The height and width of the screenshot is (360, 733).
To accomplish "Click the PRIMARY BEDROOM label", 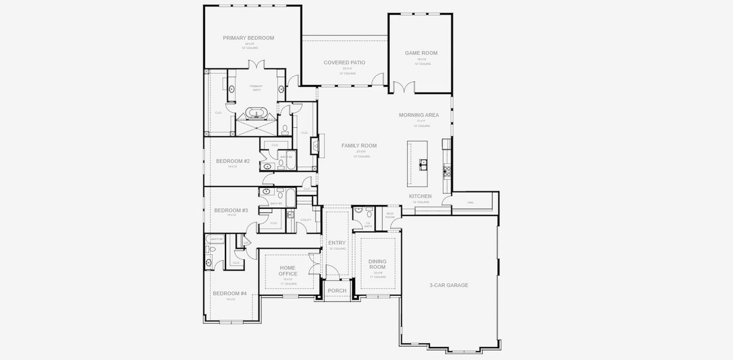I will point(248,38).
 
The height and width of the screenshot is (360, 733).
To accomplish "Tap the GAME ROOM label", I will point(421,53).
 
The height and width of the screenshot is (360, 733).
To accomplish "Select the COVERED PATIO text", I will point(344,62).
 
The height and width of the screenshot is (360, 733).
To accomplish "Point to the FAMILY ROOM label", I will point(359,146).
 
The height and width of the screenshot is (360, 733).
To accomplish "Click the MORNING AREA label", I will point(419,115).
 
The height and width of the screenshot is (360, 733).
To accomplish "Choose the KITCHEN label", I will point(420,196).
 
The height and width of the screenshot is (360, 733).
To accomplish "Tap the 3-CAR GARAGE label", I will point(449,285).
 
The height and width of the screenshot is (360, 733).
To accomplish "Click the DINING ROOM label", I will point(377,264).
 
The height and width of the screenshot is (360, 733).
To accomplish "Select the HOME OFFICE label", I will point(288,271).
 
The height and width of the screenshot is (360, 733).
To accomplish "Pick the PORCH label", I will point(337,291).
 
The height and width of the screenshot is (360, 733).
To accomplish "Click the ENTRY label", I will point(337,243).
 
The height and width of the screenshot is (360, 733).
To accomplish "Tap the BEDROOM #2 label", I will point(233,161).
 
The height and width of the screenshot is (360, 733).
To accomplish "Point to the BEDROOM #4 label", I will point(230,293).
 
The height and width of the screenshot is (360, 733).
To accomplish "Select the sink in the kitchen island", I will point(423,163).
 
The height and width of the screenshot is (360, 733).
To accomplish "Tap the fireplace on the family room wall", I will point(314,146).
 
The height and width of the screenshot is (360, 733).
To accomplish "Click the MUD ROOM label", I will point(390,215).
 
